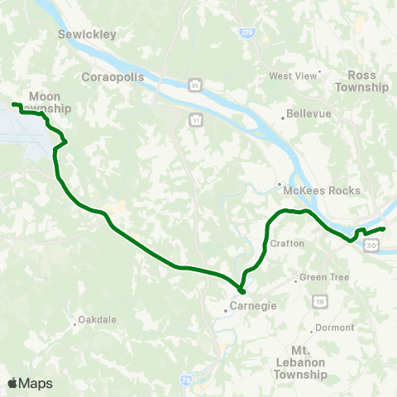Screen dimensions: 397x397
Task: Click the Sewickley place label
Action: pyautogui.click(x=87, y=34)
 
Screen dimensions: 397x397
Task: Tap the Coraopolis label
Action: pyautogui.click(x=113, y=76)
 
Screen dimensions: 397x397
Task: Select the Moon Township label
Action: pyautogui.click(x=45, y=102)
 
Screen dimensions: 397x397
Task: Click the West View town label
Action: pyautogui.click(x=294, y=76)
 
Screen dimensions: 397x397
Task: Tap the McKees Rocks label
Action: pyautogui.click(x=322, y=190)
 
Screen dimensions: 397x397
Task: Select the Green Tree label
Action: pyautogui.click(x=318, y=277)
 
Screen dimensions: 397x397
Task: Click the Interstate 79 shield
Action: pyautogui.click(x=186, y=380)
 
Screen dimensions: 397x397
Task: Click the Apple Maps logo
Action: pyautogui.click(x=30, y=383)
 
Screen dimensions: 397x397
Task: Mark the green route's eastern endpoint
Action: pyautogui.click(x=384, y=228)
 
